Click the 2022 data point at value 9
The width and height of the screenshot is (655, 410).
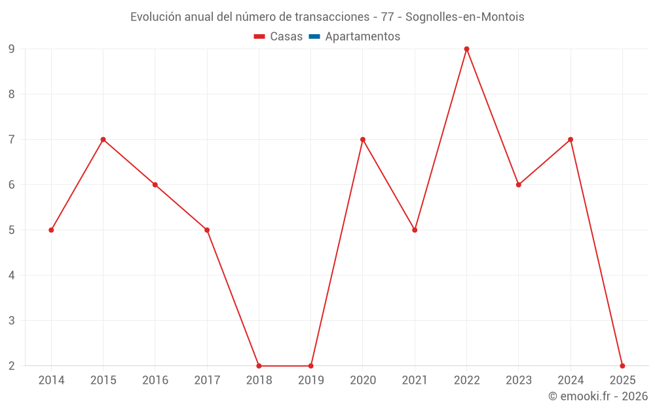(x=466, y=49)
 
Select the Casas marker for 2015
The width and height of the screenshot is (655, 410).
(x=103, y=139)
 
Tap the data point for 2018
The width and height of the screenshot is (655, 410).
(x=259, y=365)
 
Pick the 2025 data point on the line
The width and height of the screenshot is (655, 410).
(x=622, y=365)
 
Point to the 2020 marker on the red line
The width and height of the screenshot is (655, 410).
(x=363, y=139)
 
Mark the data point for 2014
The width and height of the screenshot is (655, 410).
(x=51, y=230)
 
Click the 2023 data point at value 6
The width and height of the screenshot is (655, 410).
(x=518, y=184)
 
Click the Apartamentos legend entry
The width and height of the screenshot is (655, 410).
(x=362, y=37)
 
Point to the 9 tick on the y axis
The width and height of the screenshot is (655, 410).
(x=12, y=49)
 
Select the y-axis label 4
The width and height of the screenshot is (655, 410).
(x=12, y=275)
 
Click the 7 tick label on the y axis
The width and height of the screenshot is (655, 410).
(x=12, y=139)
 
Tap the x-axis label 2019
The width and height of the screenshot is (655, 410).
(x=310, y=380)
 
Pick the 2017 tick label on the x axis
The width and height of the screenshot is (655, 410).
(x=207, y=380)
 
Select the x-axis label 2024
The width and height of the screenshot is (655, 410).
(x=570, y=380)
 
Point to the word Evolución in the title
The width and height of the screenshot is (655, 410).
(x=155, y=17)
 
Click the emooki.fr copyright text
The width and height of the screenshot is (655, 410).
(x=598, y=396)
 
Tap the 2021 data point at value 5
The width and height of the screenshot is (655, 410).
(x=415, y=230)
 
